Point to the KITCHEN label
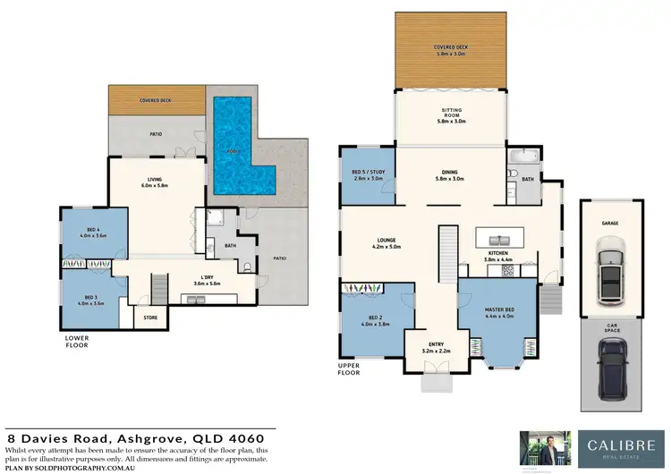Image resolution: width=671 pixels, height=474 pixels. point(498,253)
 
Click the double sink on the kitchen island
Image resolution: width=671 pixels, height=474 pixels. point(498,239)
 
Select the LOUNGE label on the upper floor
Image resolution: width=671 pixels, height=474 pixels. point(386,241)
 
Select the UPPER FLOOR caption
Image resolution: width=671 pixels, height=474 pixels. point(349,368)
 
